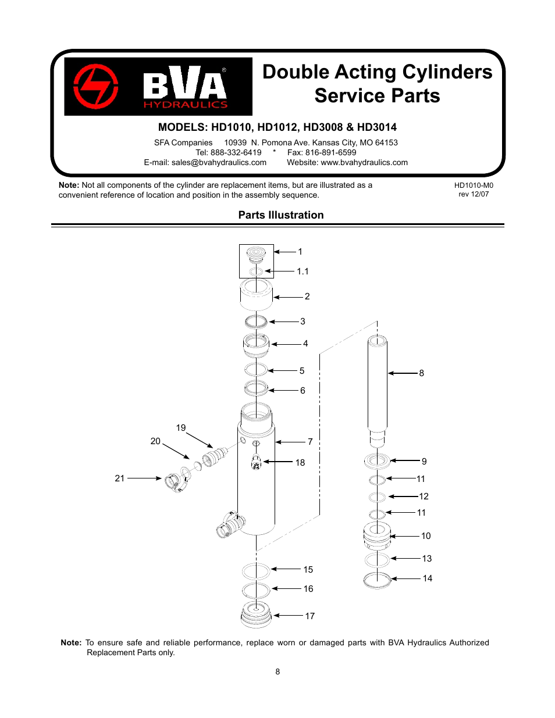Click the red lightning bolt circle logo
coord(96,87)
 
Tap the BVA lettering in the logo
coord(185,83)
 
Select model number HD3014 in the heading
coord(377,127)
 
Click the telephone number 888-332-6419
coord(236,152)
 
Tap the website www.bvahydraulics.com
coord(364,163)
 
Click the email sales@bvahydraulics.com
coord(219,163)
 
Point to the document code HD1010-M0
coord(474,185)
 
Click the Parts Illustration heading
coord(281,215)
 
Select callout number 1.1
coord(303,272)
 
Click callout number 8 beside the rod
coord(422,373)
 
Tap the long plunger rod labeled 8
coord(377,384)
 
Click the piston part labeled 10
coord(377,536)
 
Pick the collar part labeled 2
coord(256,295)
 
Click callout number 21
coord(120,478)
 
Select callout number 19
coord(181,428)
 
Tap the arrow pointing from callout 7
coord(290,442)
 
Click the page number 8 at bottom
coord(277,671)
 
